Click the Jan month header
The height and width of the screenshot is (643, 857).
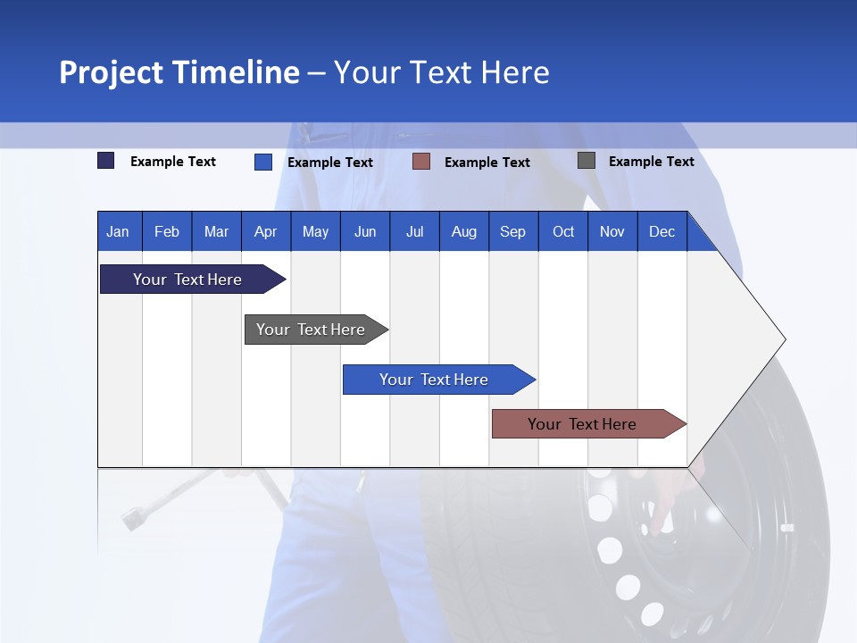(x=118, y=231)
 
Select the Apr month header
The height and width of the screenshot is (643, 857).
(x=265, y=231)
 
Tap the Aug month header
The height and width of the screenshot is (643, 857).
(x=463, y=231)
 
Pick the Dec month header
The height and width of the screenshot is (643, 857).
(x=661, y=231)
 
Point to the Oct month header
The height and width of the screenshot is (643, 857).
(x=562, y=231)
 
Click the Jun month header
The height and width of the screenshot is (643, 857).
(x=364, y=231)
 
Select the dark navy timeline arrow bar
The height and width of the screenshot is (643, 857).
(x=187, y=280)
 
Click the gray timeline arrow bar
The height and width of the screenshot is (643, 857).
(x=311, y=330)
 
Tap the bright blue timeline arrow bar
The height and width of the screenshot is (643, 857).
(x=434, y=380)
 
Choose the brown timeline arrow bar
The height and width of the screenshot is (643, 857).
(x=582, y=424)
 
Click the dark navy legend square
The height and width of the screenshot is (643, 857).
(x=105, y=161)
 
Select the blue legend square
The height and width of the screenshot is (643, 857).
(x=262, y=162)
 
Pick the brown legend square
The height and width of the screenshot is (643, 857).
(x=421, y=162)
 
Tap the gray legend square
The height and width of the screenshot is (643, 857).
(x=586, y=161)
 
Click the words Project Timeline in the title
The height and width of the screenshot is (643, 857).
(x=179, y=72)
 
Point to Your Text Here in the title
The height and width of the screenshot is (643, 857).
(x=441, y=72)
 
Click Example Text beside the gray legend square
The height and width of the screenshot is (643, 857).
(x=651, y=161)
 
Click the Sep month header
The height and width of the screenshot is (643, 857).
(x=512, y=231)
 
